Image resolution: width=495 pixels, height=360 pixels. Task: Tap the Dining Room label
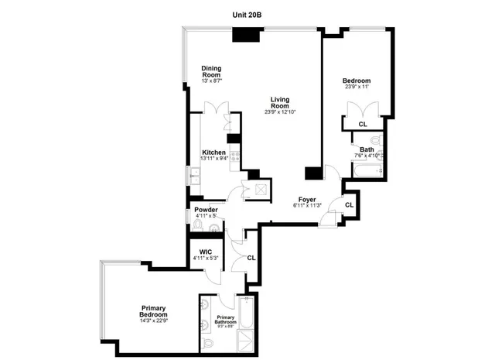pyautogui.click(x=212, y=70)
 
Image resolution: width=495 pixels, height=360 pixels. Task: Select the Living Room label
pyautogui.click(x=280, y=101)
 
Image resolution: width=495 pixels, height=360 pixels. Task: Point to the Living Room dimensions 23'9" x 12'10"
pyautogui.click(x=280, y=112)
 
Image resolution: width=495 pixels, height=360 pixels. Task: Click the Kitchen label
pyautogui.click(x=213, y=153)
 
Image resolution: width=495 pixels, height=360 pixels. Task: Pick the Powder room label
pyautogui.click(x=206, y=210)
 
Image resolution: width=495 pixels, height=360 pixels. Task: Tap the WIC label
pyautogui.click(x=206, y=252)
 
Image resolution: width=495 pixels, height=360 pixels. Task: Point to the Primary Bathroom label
pyautogui.click(x=226, y=320)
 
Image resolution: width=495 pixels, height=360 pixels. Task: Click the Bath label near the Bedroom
pyautogui.click(x=367, y=149)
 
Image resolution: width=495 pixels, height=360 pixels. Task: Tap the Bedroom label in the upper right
pyautogui.click(x=357, y=81)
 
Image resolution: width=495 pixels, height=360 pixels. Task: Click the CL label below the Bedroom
pyautogui.click(x=362, y=124)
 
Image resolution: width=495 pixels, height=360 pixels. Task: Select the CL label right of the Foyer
pyautogui.click(x=349, y=204)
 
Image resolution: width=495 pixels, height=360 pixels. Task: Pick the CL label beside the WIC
pyautogui.click(x=251, y=258)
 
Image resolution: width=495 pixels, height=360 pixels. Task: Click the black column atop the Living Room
pyautogui.click(x=247, y=35)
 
